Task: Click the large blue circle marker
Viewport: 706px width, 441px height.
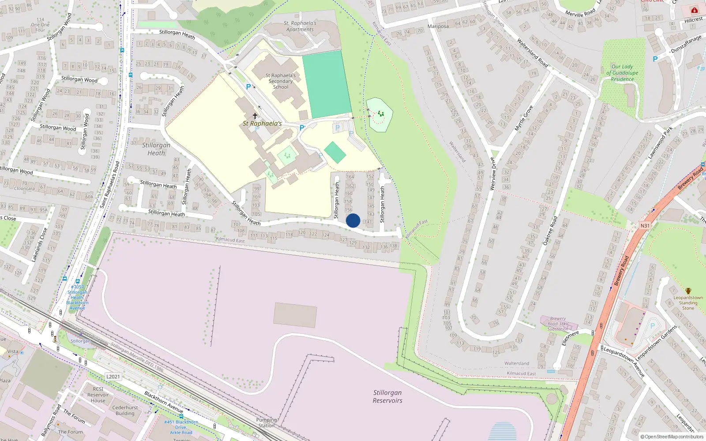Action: point(353,220)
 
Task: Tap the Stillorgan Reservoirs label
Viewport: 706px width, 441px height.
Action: point(387,396)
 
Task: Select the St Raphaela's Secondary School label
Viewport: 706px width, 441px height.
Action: point(281,81)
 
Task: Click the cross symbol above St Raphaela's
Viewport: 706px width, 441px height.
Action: point(255,116)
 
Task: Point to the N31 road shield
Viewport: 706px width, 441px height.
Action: point(645,226)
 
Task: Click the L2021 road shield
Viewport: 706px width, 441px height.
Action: point(113,377)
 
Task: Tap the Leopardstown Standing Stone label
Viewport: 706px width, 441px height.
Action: point(688,303)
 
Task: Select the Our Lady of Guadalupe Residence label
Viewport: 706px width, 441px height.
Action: point(622,73)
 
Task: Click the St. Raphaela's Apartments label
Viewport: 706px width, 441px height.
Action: point(300,26)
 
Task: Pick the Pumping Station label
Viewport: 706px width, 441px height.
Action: point(267,422)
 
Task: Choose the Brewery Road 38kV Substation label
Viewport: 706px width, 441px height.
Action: point(558,324)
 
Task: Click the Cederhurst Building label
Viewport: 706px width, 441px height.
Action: point(125,411)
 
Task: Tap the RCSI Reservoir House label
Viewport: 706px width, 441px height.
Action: point(98,395)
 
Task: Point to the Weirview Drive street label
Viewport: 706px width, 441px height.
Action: point(493,174)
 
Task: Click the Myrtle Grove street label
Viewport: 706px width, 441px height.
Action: point(524,118)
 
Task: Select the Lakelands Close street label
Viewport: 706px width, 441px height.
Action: point(39,245)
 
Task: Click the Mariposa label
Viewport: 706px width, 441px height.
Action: point(438,26)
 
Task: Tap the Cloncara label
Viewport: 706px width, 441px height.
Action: point(24,188)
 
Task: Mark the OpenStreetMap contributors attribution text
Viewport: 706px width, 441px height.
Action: point(672,437)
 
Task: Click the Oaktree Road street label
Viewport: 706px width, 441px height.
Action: point(550,231)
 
